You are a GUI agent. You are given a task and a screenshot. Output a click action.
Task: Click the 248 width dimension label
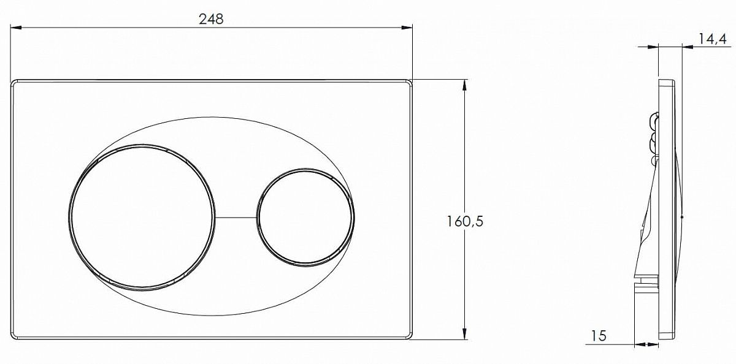pos(211,19)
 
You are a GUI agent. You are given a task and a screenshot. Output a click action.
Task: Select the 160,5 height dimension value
pos(465,222)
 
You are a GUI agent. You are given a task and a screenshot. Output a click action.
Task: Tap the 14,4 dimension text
pos(712,40)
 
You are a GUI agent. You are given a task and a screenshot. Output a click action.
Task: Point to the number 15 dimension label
pos(599,335)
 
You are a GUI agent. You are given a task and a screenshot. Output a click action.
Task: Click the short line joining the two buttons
pos(236,218)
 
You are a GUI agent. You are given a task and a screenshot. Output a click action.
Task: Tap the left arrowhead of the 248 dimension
pos(15,28)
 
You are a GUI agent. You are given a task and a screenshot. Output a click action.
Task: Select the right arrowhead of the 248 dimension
pos(407,28)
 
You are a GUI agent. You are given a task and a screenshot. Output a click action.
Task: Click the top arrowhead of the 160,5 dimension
pos(464,85)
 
